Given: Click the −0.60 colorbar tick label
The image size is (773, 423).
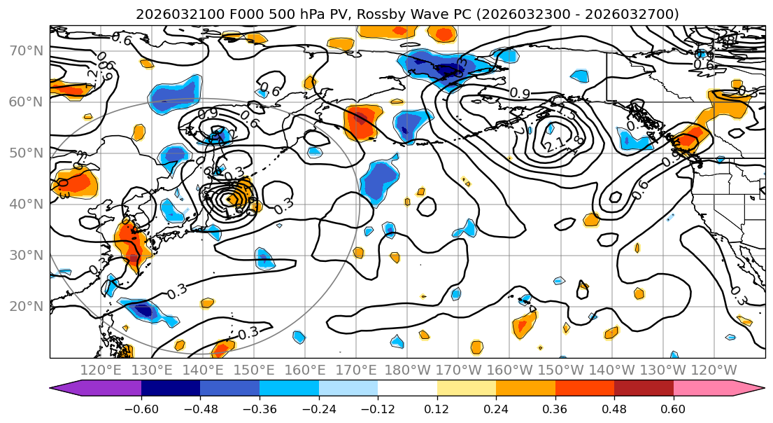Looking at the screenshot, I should click(x=141, y=408).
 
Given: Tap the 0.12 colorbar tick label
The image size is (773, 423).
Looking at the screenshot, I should click(x=437, y=408).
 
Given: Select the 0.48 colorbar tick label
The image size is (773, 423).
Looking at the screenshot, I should click(x=614, y=408).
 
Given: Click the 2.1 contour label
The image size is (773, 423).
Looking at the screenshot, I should click(x=554, y=146).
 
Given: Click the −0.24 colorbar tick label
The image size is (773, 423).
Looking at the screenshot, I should click(x=318, y=408).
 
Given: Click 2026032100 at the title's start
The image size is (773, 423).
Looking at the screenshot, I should click(x=170, y=14).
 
